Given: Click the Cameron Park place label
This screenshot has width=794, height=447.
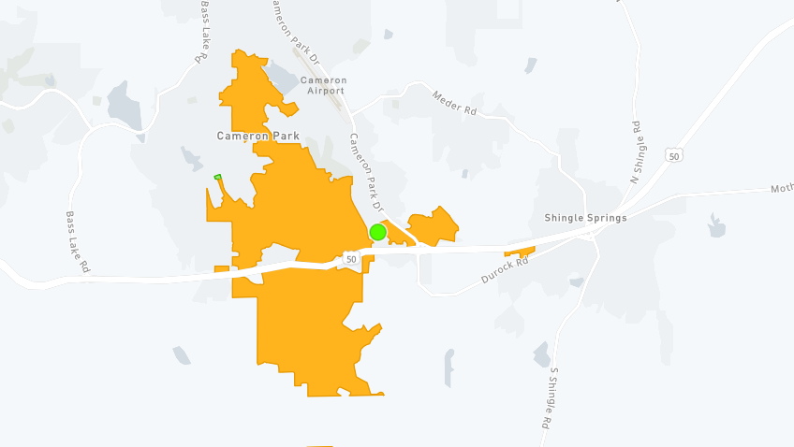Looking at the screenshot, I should (x=258, y=136).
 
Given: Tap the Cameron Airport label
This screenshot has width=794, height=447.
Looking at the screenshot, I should (x=323, y=85).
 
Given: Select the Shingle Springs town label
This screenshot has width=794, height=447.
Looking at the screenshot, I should (x=585, y=218).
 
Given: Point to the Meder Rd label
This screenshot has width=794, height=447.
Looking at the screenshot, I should (x=455, y=102).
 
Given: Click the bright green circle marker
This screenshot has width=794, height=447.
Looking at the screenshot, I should (x=378, y=232).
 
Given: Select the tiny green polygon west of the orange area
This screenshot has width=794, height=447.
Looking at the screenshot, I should (x=217, y=177).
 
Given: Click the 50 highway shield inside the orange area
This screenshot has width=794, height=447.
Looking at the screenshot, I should (x=350, y=258).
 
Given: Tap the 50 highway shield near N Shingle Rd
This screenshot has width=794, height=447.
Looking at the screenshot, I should (x=674, y=155).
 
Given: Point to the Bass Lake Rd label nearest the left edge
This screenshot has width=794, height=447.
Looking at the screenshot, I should (x=77, y=241).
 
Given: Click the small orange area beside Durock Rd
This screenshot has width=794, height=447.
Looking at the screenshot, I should (x=520, y=251).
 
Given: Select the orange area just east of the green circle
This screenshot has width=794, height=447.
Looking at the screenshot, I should (x=433, y=226).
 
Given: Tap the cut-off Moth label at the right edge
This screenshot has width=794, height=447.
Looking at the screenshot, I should (x=781, y=190).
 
